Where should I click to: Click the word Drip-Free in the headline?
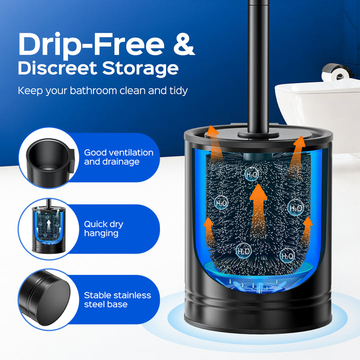(91, 45)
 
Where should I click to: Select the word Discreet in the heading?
(57, 68)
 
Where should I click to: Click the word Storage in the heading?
(140, 68)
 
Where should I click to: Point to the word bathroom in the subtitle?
(93, 90)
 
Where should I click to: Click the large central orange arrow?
(258, 211)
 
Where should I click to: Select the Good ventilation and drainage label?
(118, 157)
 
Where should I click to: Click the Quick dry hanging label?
(103, 228)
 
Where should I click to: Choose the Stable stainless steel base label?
(117, 299)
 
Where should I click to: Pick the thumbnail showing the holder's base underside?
(45, 298)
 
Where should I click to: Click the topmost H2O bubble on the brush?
(252, 174)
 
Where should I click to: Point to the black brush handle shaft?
(258, 66)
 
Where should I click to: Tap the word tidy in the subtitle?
(178, 90)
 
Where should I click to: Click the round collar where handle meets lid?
(258, 134)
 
